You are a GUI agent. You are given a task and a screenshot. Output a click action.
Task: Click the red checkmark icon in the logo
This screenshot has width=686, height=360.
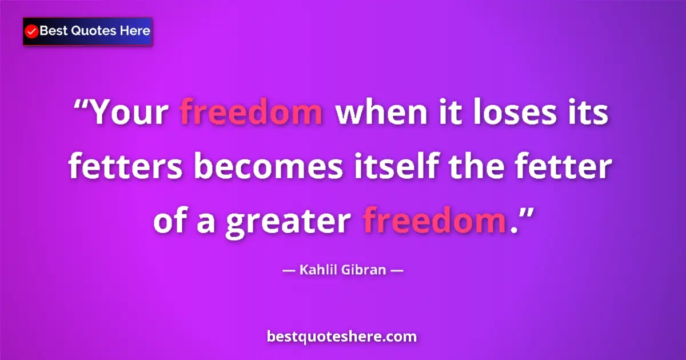click(32, 31)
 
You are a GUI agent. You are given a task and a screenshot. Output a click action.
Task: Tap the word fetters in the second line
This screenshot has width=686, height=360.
click(126, 168)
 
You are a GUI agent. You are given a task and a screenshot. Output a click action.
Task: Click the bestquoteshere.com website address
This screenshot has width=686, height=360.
click(342, 337)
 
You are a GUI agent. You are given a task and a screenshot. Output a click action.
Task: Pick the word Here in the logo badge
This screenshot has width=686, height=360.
click(134, 31)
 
